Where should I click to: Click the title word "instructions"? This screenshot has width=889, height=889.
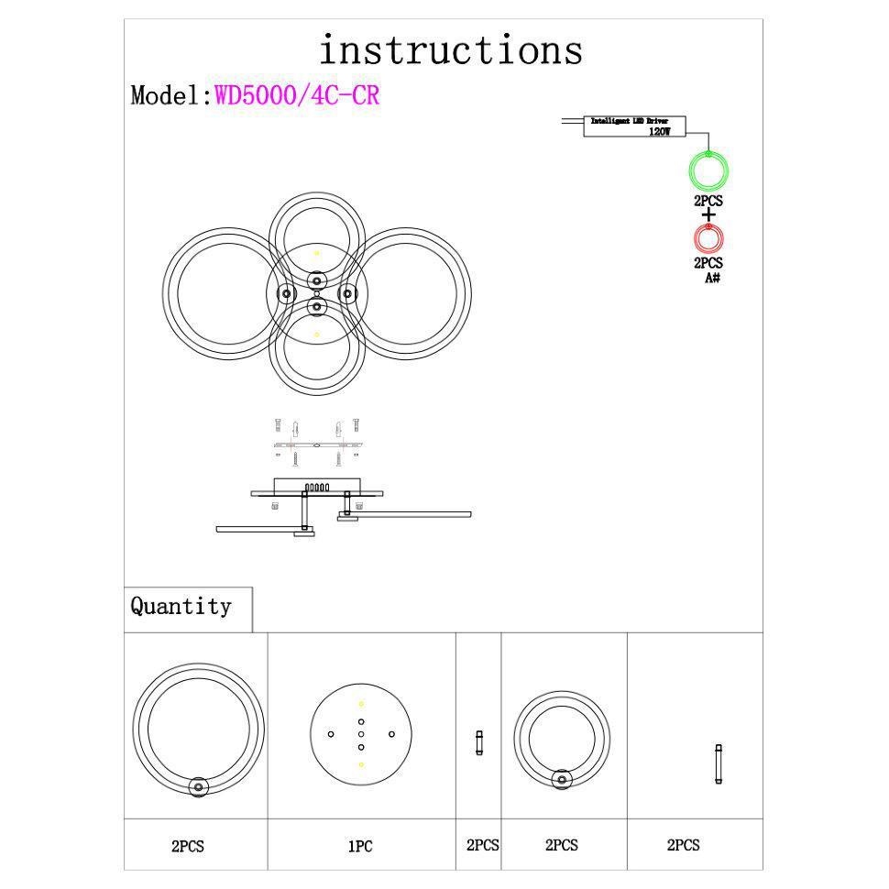click(x=450, y=49)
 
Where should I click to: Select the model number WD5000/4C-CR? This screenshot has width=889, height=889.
click(x=297, y=95)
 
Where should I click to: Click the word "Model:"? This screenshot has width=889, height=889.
click(x=172, y=95)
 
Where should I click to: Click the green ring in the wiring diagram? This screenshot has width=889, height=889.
click(x=708, y=171)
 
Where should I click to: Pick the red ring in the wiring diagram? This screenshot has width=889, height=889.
click(x=708, y=238)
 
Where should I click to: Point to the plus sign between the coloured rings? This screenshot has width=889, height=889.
click(x=708, y=214)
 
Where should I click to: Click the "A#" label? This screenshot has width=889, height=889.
click(x=712, y=277)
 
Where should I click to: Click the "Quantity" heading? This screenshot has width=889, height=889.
click(x=181, y=607)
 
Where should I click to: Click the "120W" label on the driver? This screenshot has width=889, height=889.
click(x=659, y=132)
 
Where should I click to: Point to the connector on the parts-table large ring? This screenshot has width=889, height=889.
click(x=198, y=786)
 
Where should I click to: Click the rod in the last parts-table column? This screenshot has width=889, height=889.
click(x=719, y=763)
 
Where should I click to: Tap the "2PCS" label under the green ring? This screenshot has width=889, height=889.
click(x=708, y=201)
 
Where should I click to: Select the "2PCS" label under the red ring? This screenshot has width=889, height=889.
click(x=708, y=263)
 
